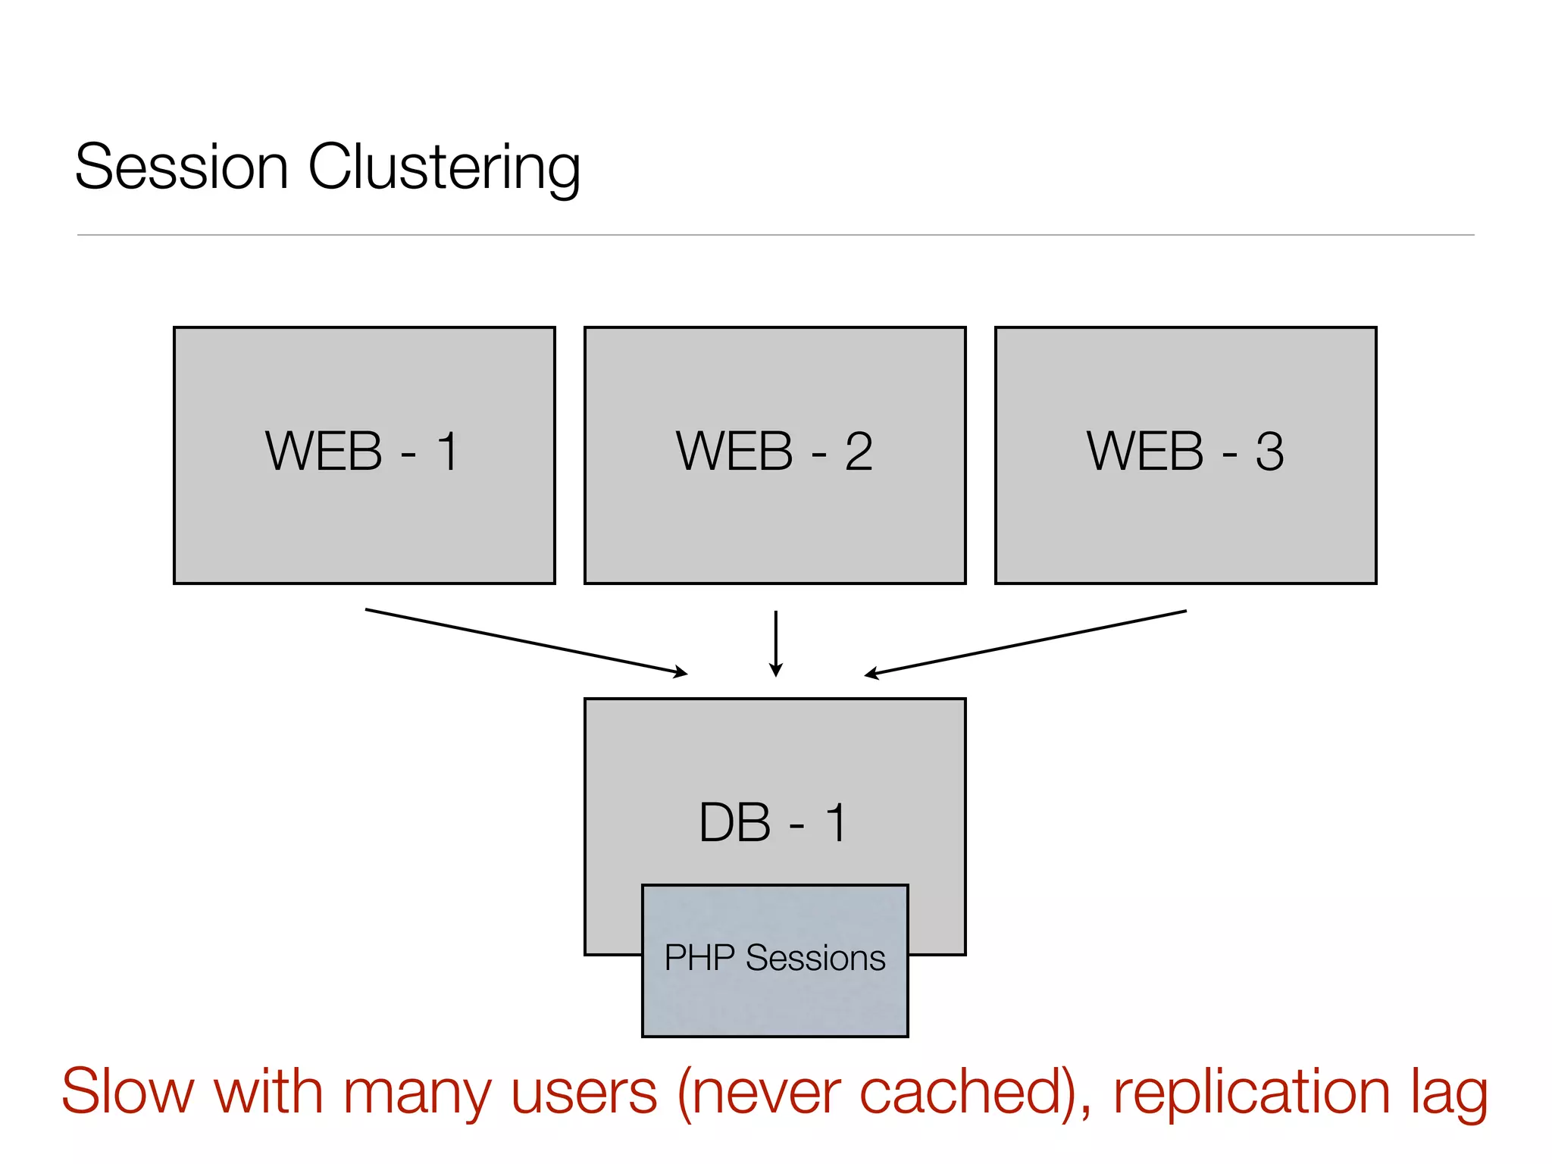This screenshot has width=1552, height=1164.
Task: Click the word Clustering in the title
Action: [x=444, y=168]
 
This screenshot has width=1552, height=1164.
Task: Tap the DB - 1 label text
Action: [x=773, y=823]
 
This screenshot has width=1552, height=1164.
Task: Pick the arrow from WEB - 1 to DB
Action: [x=526, y=641]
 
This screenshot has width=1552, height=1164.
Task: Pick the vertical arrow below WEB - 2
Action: [x=775, y=643]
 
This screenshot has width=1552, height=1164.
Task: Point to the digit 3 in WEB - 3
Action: [x=1270, y=452]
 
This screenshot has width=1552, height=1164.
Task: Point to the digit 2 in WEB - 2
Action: [x=859, y=452]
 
